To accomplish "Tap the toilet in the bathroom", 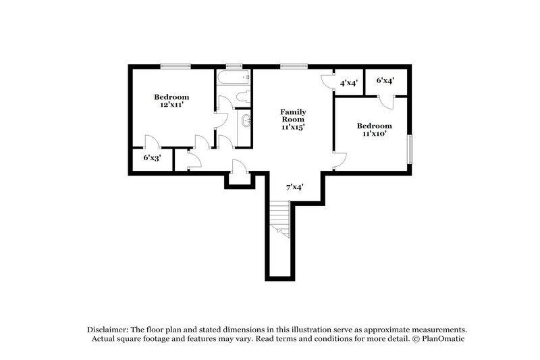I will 245,97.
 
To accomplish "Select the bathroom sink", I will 246,122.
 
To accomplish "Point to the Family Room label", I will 294,115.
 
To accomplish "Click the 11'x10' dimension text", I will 374,134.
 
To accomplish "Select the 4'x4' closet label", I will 349,83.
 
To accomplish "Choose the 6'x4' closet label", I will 385,80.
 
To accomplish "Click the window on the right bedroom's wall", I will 409,149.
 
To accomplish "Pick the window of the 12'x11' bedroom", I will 175,66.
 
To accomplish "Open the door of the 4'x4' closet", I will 327,81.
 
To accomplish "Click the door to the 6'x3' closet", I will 152,143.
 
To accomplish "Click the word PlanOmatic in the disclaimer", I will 443,339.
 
